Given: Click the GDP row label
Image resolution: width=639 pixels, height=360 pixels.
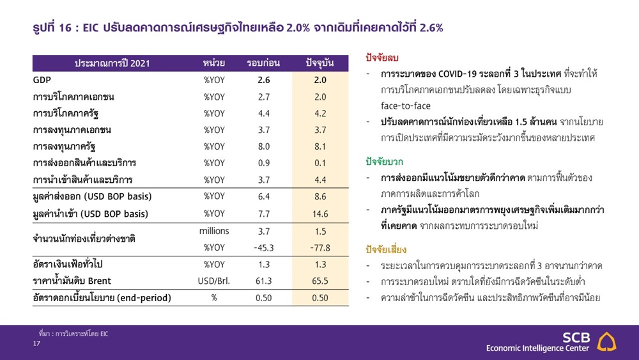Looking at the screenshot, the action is [42, 80].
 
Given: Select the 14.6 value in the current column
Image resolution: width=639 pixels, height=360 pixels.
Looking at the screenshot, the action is [320, 214].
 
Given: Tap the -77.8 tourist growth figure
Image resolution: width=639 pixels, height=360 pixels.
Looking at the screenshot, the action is [320, 248].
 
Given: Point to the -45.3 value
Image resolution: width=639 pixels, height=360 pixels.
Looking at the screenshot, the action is [264, 248].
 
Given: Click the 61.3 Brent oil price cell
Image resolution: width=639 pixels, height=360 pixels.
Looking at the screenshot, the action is [264, 281].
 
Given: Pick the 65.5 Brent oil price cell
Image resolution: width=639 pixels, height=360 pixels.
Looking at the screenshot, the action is [320, 281].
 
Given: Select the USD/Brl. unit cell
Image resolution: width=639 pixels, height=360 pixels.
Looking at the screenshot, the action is [214, 281].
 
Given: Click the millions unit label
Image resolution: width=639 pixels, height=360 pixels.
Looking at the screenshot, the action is [214, 231].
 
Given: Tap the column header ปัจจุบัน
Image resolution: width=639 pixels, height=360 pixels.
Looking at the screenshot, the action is [320, 63].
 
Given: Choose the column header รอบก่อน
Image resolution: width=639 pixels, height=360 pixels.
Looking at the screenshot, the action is [263, 63].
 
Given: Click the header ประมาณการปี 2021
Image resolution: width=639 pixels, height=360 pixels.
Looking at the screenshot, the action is [112, 63].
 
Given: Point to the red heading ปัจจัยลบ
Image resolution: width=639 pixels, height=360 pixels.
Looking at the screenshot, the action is [382, 58].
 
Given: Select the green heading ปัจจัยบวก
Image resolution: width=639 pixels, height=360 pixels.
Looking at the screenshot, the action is [384, 162].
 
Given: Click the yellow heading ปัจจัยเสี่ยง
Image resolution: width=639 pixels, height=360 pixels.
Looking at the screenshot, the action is [386, 249].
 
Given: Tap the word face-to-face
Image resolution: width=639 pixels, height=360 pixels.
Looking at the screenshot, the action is [406, 106].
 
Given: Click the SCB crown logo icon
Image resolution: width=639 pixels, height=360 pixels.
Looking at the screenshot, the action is [606, 341].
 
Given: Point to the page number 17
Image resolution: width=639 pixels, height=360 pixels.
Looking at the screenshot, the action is [36, 343].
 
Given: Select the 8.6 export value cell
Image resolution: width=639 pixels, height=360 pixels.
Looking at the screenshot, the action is [320, 196].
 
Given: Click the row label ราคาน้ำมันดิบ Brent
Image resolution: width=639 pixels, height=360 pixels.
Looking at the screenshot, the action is [72, 281].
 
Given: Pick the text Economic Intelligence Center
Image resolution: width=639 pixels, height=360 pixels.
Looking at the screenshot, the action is [537, 348].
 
